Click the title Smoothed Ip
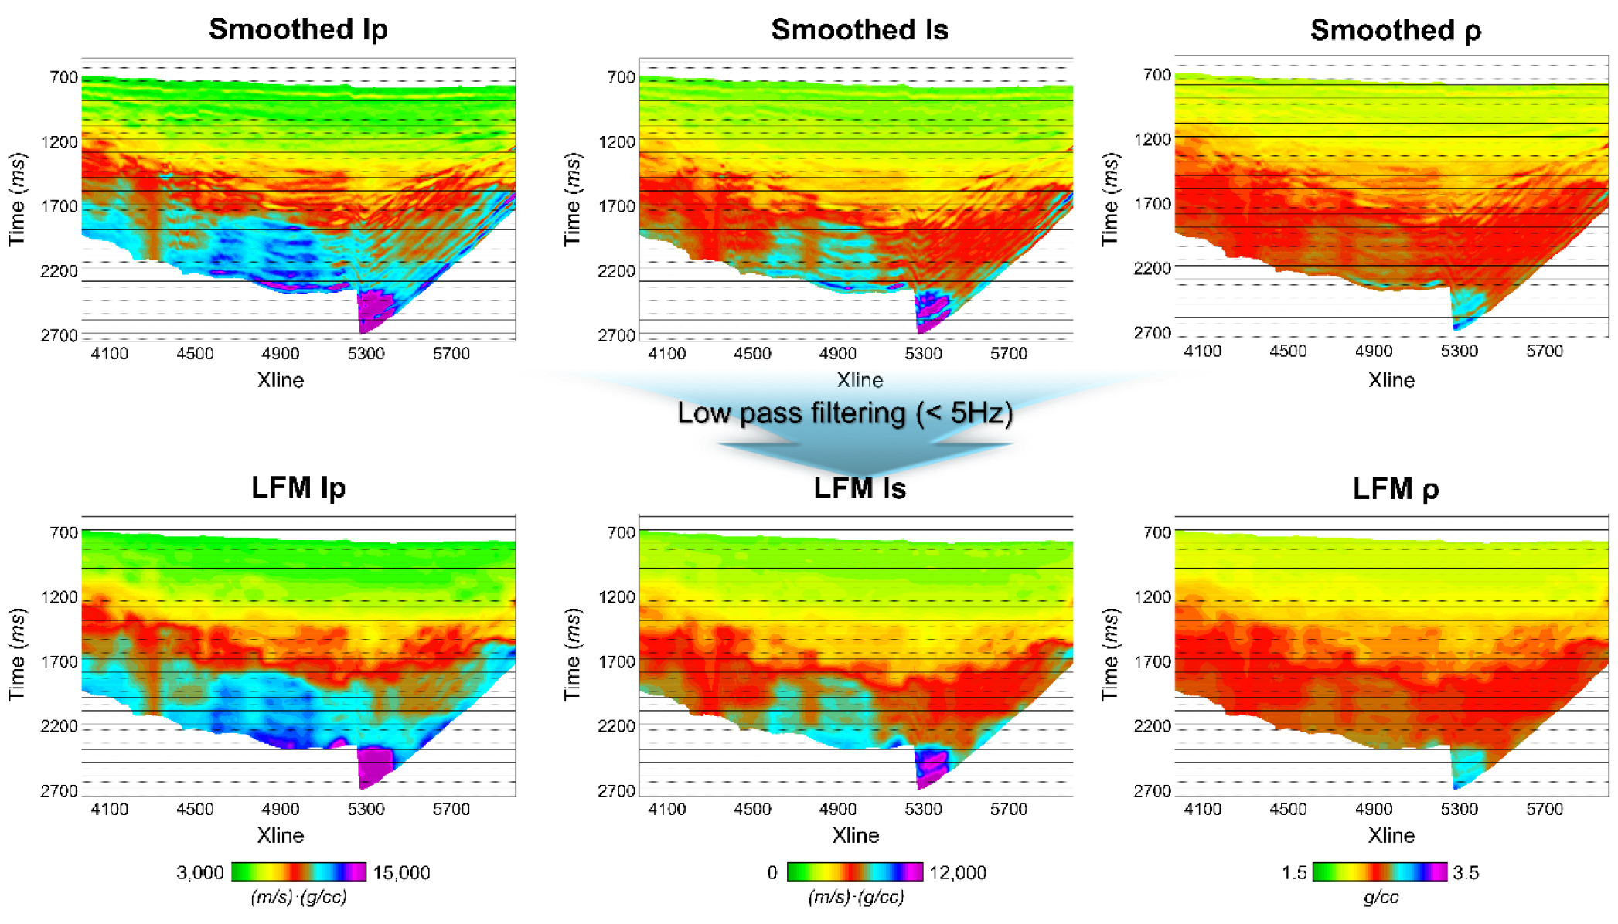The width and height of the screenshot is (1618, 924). click(x=298, y=29)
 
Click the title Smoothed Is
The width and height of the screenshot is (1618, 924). click(x=859, y=29)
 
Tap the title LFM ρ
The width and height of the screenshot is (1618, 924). click(x=1395, y=488)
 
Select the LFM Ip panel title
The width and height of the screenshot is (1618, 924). click(x=298, y=487)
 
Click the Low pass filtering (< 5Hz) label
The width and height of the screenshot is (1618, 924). click(x=845, y=413)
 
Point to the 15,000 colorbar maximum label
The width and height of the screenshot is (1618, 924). click(x=401, y=872)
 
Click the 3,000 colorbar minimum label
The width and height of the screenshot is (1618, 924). click(x=199, y=872)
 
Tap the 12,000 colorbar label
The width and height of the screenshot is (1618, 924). click(x=957, y=872)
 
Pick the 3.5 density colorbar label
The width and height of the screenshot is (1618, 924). click(x=1466, y=872)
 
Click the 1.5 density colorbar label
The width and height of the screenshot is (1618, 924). click(x=1293, y=872)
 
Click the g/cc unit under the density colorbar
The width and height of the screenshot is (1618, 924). click(x=1381, y=897)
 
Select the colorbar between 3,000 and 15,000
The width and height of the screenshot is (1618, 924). click(x=298, y=871)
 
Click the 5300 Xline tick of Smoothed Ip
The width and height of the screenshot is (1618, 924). click(x=366, y=354)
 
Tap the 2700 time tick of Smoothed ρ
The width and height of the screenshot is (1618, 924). click(x=1152, y=333)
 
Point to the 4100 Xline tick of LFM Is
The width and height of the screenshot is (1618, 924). click(x=666, y=809)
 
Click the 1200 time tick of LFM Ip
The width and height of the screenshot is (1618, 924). click(x=60, y=597)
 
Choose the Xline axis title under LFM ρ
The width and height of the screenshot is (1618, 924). click(x=1391, y=835)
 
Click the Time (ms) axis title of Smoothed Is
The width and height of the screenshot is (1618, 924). click(x=572, y=199)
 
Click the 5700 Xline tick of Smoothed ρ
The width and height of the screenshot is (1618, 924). click(x=1544, y=352)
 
